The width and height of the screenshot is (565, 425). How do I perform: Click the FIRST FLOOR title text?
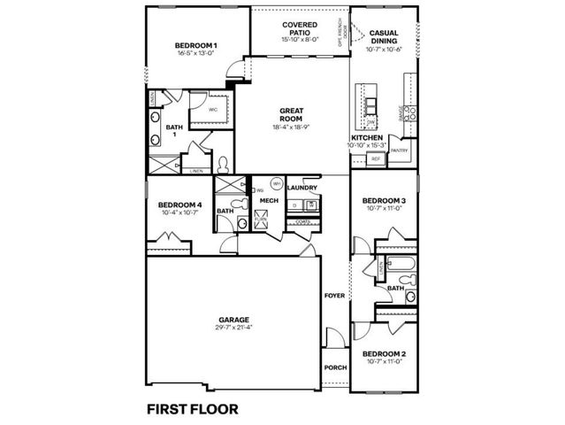194,408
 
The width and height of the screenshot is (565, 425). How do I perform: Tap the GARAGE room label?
233,320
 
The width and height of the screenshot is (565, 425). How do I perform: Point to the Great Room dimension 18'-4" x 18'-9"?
291,127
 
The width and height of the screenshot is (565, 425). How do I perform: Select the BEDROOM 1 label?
195,45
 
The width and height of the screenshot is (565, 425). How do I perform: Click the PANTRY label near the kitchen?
399,151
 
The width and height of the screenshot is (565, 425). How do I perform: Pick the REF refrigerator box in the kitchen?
375,159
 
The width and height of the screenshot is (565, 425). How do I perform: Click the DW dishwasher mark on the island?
371,122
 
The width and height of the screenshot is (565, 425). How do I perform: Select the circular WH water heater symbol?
276,184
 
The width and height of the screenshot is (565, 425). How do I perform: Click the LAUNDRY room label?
302,188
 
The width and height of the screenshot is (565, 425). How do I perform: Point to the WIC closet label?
213,110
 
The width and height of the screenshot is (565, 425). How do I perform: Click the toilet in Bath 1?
223,163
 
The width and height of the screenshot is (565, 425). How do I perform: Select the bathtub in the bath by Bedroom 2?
399,267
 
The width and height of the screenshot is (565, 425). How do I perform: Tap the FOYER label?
334,295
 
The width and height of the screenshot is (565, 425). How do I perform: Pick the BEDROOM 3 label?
384,200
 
